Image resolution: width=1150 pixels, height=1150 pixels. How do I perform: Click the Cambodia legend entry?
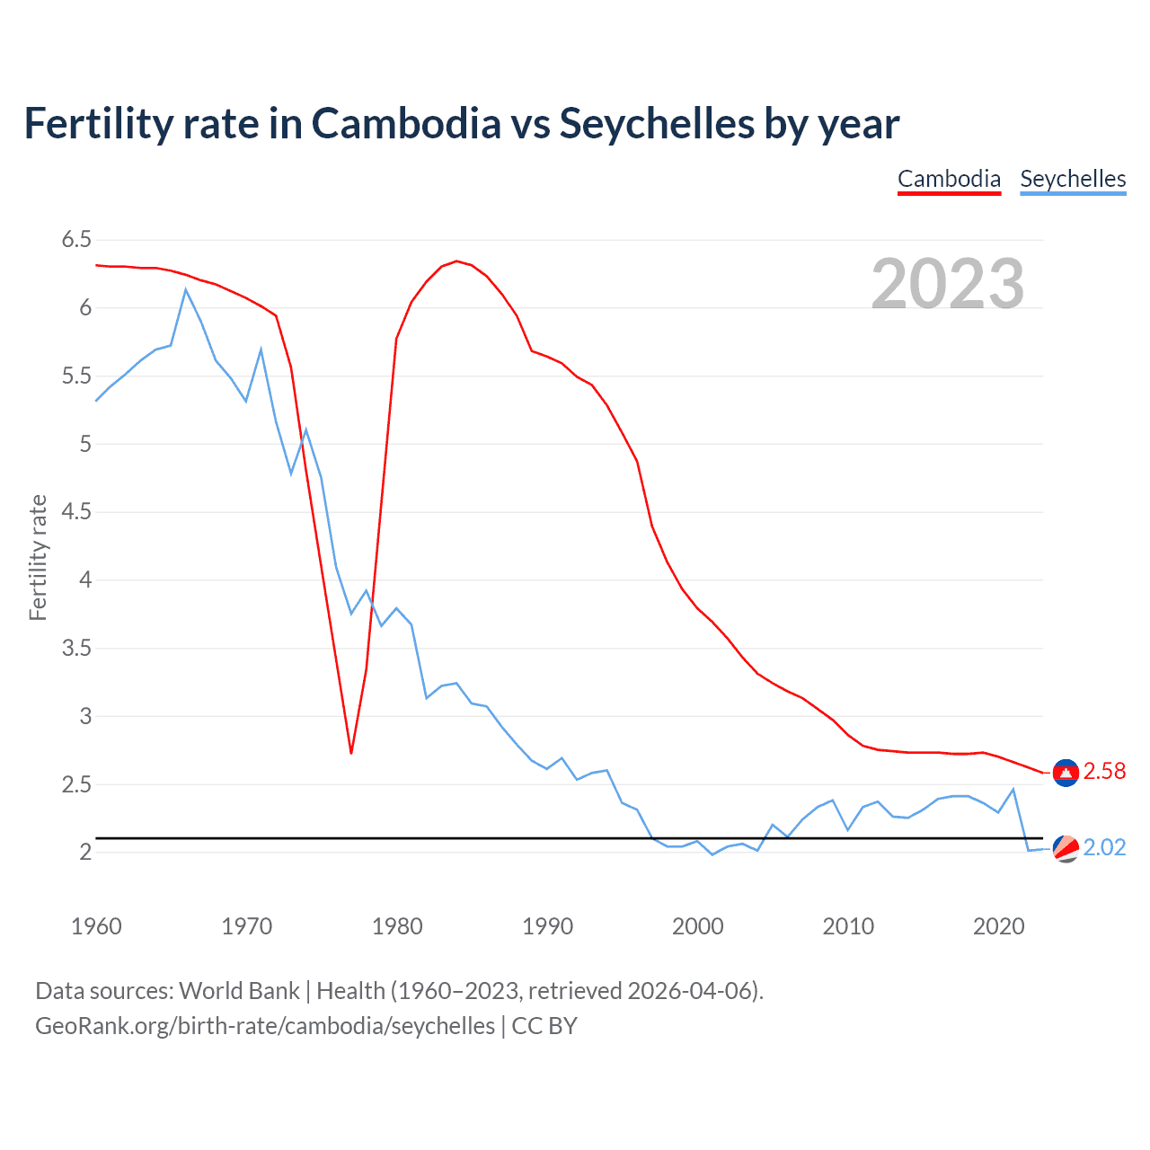tap(949, 179)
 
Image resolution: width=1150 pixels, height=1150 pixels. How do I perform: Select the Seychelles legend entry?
tap(1073, 179)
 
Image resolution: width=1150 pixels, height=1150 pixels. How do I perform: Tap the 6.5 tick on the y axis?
tap(76, 239)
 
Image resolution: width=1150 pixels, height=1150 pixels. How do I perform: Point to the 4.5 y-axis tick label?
tap(76, 511)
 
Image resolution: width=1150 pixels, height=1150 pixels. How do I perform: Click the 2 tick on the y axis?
tap(85, 852)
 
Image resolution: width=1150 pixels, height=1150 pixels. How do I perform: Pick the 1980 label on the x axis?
tap(396, 926)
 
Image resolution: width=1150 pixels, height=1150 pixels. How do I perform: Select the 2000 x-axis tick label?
tap(697, 926)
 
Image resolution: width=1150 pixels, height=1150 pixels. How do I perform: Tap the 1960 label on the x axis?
tap(96, 926)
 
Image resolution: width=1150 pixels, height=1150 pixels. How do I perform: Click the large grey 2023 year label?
tap(947, 284)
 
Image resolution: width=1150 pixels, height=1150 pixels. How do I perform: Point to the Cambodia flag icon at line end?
tap(1066, 772)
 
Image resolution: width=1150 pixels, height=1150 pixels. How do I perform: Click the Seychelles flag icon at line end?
tap(1066, 848)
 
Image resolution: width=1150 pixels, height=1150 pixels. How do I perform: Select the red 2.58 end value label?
tap(1104, 772)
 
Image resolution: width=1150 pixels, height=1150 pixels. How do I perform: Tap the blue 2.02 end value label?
tap(1104, 848)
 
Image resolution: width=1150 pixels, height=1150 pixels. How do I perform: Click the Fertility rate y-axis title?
tap(38, 557)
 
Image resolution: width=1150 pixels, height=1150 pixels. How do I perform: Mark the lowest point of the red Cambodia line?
tap(351, 753)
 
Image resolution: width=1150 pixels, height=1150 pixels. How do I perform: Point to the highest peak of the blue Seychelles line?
tap(186, 289)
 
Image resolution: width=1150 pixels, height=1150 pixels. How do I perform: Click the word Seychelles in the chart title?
tap(656, 123)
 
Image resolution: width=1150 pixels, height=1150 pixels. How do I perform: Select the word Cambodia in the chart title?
tap(406, 123)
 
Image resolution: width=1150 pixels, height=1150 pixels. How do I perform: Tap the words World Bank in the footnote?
tap(239, 991)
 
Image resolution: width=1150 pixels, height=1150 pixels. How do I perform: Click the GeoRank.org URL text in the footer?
tap(265, 1026)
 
